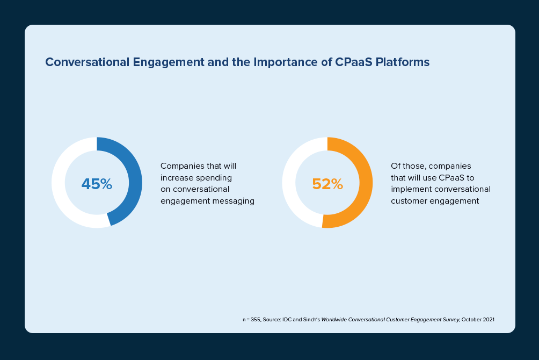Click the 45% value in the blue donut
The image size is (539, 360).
tap(97, 184)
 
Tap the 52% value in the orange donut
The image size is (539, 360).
tap(327, 184)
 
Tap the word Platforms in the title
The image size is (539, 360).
tap(403, 62)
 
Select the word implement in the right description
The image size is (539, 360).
tap(410, 189)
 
